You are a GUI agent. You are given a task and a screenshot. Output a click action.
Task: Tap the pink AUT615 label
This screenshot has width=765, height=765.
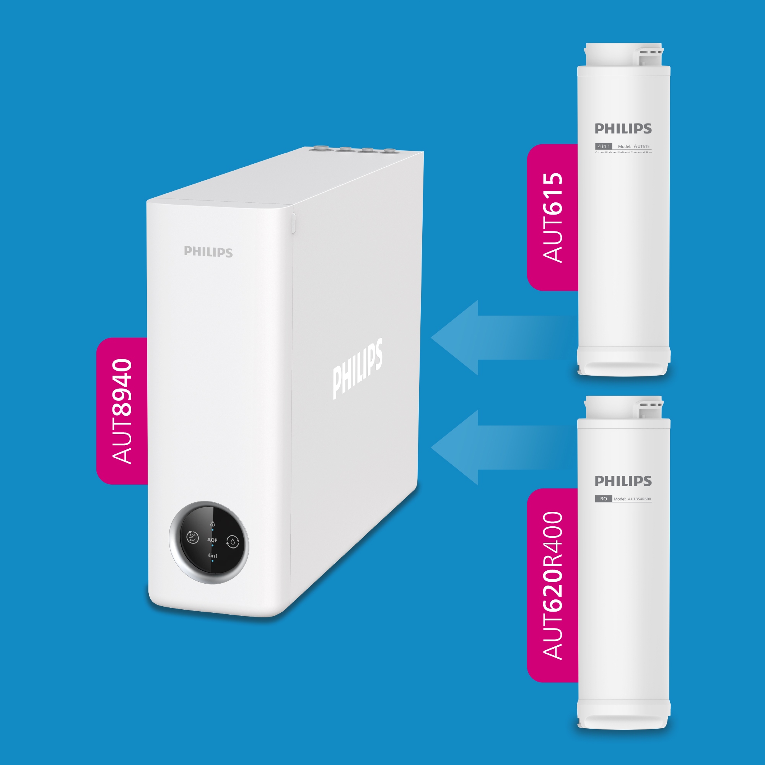[x=552, y=217]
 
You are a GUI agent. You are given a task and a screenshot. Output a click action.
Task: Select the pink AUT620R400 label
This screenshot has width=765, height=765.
[x=552, y=585]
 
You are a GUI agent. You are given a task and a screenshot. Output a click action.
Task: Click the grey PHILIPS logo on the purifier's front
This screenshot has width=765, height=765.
[x=208, y=252]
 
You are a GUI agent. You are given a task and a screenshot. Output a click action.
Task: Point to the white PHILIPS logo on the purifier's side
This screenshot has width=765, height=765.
[x=357, y=368]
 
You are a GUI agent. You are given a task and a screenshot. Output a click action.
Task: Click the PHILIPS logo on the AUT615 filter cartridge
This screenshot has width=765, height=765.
[x=623, y=129]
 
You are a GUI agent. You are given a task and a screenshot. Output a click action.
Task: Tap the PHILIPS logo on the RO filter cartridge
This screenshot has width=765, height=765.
[x=623, y=481]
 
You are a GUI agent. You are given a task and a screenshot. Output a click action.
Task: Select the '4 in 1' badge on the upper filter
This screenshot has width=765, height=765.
[x=604, y=146]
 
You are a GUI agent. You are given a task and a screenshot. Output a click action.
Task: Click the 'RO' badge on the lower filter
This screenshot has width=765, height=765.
[x=604, y=499]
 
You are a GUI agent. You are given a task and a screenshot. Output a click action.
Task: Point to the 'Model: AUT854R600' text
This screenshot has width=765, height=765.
[x=632, y=499]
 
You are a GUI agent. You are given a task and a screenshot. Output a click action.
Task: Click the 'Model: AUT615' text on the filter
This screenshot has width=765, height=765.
[x=634, y=146]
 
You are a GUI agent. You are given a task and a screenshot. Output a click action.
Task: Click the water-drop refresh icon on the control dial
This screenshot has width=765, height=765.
[x=233, y=542]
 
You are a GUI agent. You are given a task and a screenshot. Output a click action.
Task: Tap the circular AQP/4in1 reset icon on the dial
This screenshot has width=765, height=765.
[x=192, y=538]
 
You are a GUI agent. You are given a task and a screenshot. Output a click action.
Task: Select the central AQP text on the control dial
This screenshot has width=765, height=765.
[x=212, y=540]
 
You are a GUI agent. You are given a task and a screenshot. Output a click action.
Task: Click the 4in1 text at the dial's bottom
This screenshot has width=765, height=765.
[x=213, y=556]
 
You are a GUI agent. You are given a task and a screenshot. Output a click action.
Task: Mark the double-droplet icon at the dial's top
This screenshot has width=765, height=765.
[x=213, y=524]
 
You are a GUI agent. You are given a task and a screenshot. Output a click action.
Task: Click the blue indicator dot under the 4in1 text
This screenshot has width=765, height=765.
[x=213, y=561]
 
